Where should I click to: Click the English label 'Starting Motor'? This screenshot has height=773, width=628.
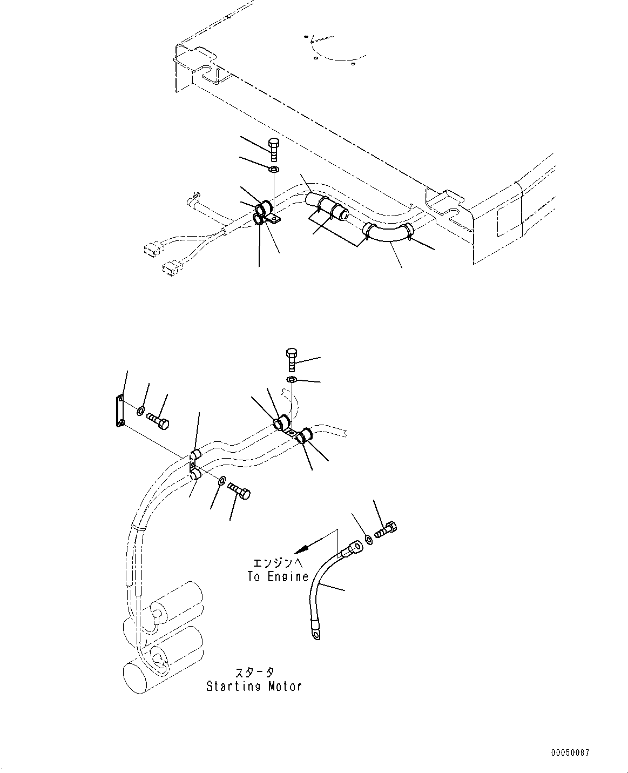(x=254, y=687)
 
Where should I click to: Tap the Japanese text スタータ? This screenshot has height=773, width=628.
(x=254, y=673)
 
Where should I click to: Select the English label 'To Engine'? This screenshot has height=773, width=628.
(x=278, y=576)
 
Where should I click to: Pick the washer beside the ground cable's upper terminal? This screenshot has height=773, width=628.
(x=368, y=539)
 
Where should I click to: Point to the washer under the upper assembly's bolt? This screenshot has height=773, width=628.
(x=274, y=171)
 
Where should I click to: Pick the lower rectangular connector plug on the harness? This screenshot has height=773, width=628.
(x=171, y=268)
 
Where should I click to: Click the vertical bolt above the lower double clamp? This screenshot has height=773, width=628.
(x=291, y=359)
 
